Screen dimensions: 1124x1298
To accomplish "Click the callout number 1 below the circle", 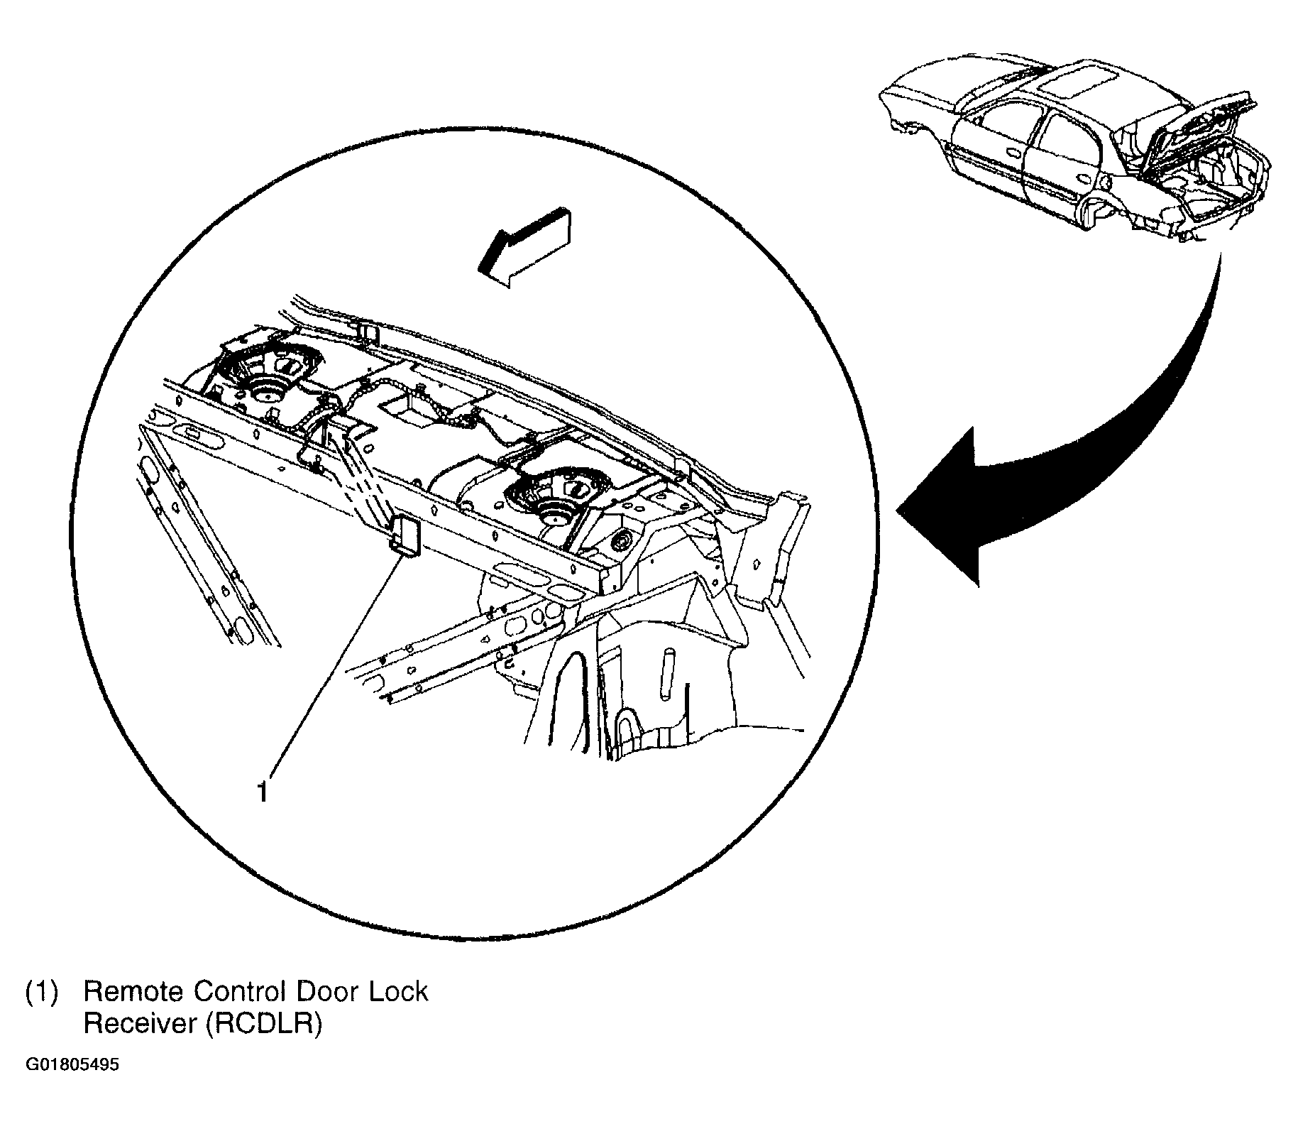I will tap(263, 791).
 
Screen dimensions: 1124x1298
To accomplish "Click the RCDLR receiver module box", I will tap(405, 534).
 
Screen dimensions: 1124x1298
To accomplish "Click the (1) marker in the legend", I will tap(41, 991).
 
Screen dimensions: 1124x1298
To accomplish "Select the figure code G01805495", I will tap(72, 1066).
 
